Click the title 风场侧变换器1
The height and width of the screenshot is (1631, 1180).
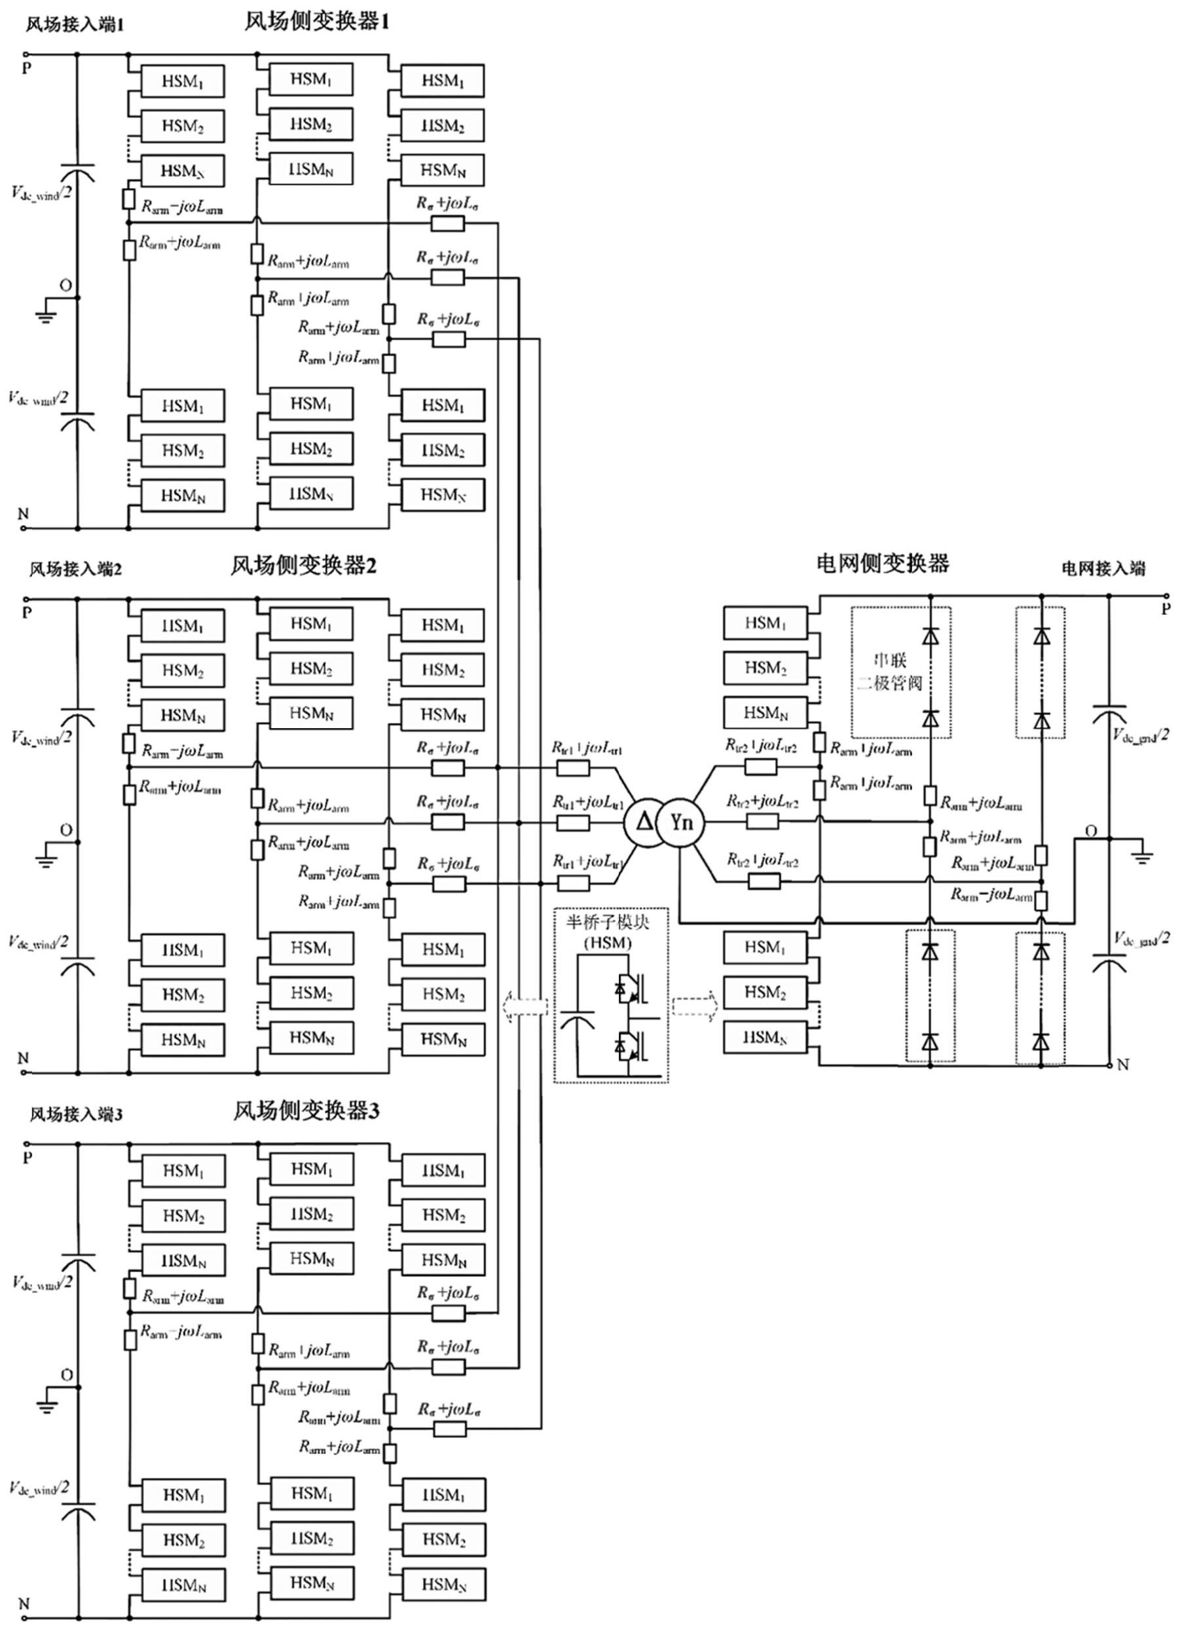pyautogui.click(x=317, y=22)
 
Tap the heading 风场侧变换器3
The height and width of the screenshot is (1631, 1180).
pyautogui.click(x=306, y=1111)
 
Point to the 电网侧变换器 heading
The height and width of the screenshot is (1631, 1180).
pyautogui.click(x=883, y=563)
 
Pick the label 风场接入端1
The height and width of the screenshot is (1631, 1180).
pyautogui.click(x=75, y=24)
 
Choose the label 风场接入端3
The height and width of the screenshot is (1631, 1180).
pyautogui.click(x=76, y=1114)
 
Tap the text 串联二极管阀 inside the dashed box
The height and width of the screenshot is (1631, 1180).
pyautogui.click(x=889, y=672)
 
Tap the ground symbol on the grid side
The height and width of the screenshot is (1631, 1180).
pyautogui.click(x=1143, y=856)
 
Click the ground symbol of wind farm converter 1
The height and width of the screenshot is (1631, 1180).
pyautogui.click(x=46, y=314)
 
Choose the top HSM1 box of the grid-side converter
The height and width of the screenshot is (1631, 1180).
pyautogui.click(x=765, y=623)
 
